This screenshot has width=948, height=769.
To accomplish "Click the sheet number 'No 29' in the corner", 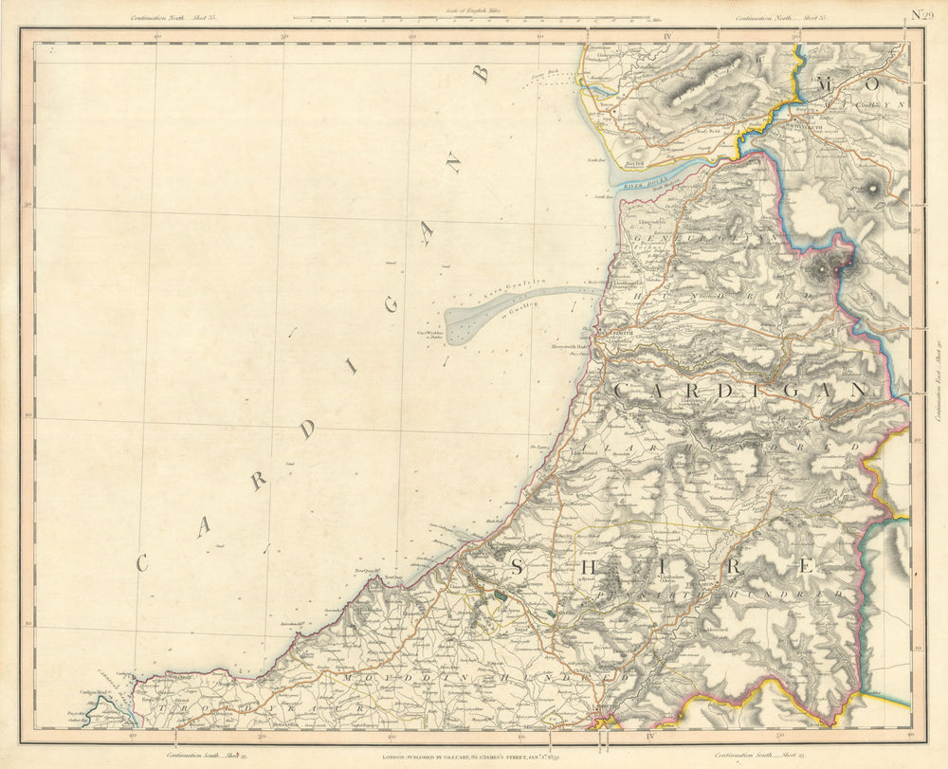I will pyautogui.click(x=917, y=13).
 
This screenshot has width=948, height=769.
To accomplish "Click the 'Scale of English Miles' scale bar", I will pyautogui.click(x=470, y=17).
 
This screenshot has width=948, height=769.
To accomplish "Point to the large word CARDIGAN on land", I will pyautogui.click(x=740, y=390).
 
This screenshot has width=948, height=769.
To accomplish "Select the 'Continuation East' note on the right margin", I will pyautogui.click(x=933, y=384).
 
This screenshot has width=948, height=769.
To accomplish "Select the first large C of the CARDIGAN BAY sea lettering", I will pyautogui.click(x=143, y=561).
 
